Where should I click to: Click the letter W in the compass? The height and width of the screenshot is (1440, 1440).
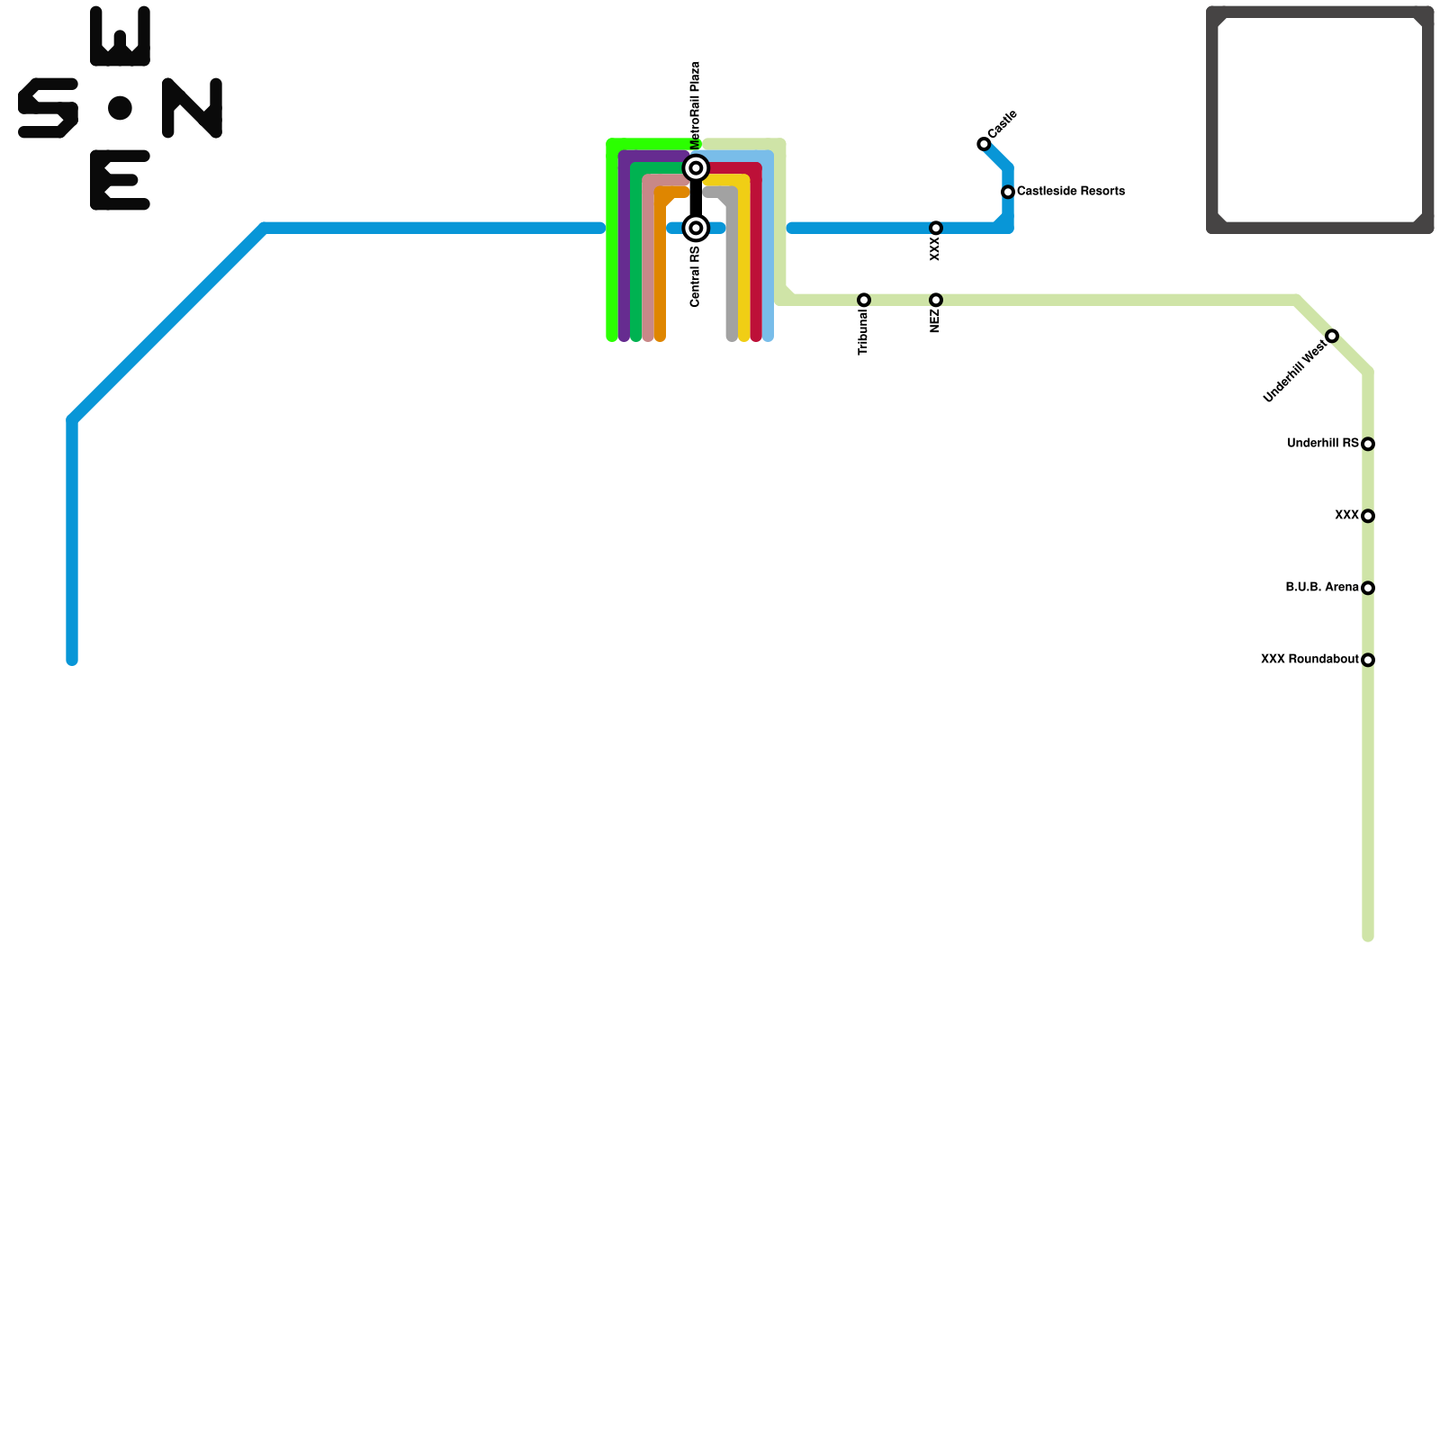coord(120,37)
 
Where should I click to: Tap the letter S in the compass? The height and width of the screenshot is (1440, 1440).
coord(48,108)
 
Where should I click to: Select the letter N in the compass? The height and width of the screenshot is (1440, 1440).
coord(192,108)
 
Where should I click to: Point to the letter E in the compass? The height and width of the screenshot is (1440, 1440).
coord(120,180)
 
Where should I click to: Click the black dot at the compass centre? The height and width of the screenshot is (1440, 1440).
coord(120,108)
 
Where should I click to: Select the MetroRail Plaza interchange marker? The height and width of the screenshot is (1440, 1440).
coord(696,168)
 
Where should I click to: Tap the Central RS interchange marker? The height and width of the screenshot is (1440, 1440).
coord(696,228)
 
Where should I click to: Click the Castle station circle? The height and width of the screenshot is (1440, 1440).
coord(984,144)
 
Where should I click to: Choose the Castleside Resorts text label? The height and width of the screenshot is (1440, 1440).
coord(1071,192)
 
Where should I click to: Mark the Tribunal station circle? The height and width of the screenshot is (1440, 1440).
coord(864,300)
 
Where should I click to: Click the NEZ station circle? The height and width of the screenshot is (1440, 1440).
coord(936,300)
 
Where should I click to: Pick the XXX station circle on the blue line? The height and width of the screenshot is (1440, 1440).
coord(936,228)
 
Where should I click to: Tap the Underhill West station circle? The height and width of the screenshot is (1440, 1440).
coord(1332,336)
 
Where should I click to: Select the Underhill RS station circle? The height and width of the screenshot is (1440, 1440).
coord(1368,444)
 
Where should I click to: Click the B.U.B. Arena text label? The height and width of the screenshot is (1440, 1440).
coord(1321,588)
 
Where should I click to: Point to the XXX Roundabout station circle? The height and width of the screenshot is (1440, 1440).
coord(1368,660)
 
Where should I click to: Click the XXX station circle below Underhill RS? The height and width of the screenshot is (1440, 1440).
coord(1368,516)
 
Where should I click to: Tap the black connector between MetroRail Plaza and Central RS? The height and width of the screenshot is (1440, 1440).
coord(696,198)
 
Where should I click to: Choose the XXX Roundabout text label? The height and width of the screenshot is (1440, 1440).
coord(1309,660)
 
